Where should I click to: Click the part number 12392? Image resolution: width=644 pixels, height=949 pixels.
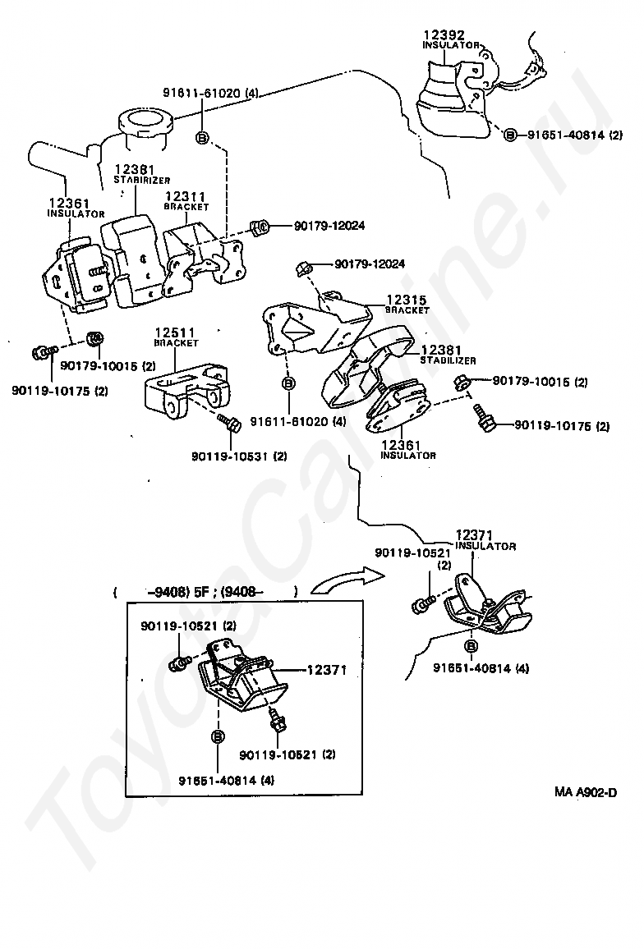pos(444,34)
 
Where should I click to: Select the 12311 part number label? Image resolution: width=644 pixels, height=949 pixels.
pos(186,197)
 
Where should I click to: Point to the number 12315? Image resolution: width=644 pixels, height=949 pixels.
pos(407,300)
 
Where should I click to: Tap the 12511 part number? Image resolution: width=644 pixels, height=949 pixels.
pos(174,332)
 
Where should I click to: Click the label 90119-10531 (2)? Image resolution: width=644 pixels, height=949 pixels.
pos(239,456)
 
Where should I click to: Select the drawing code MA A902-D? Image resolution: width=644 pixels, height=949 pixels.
pos(585,791)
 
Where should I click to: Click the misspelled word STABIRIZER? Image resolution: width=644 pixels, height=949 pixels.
pos(142,180)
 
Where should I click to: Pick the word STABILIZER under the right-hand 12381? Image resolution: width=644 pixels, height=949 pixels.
pos(448,360)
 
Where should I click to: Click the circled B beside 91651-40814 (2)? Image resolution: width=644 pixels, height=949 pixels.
pos(511,135)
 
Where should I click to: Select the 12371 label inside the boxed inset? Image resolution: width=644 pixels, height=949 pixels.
pos(327,670)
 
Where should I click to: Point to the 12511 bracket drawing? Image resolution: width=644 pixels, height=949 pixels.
pos(185,392)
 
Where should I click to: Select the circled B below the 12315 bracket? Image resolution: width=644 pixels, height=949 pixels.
pos(289,383)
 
